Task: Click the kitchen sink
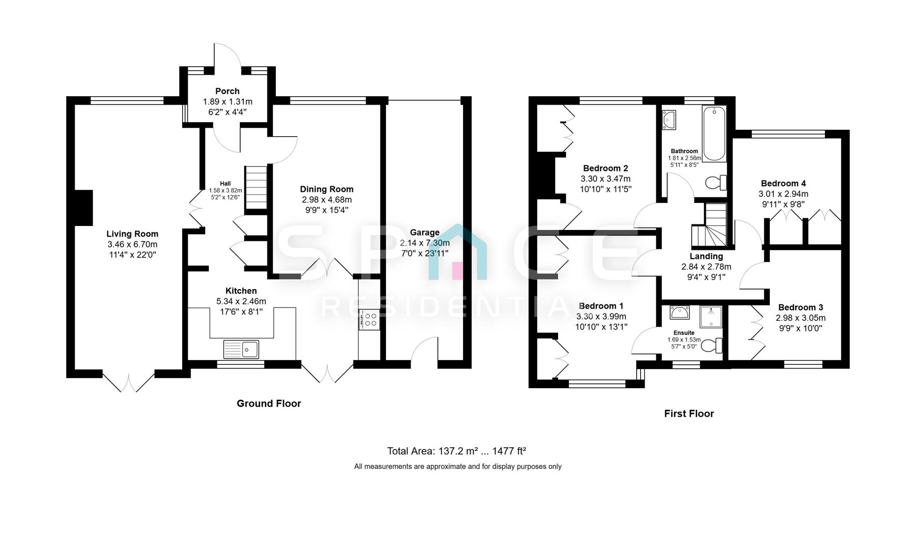(x=241, y=349)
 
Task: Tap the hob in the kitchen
(x=370, y=320)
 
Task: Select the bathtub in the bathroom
(x=714, y=133)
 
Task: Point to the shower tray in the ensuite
(x=711, y=317)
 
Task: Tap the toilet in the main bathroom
(x=716, y=183)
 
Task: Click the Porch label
(x=227, y=91)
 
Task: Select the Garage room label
(x=424, y=232)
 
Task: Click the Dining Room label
(x=326, y=189)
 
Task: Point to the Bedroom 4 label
(x=783, y=183)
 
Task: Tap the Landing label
(x=706, y=256)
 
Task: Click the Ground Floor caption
(x=269, y=404)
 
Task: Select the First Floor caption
(x=689, y=414)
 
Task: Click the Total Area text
(x=456, y=451)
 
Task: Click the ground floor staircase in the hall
(x=256, y=188)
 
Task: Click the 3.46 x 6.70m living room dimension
(x=132, y=244)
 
